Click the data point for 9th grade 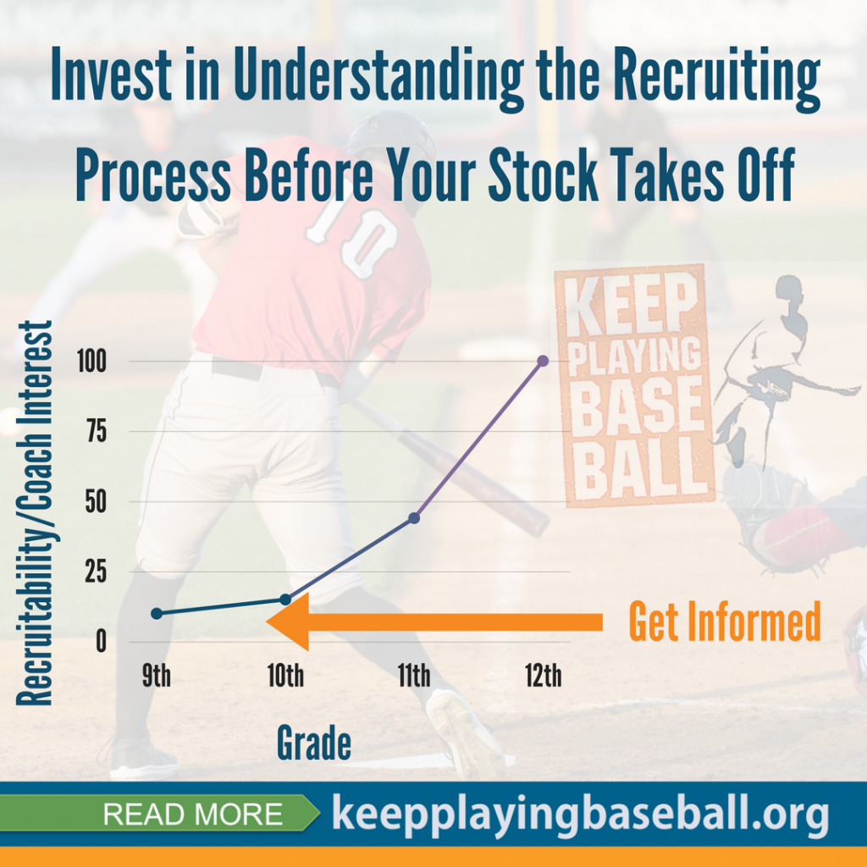157,613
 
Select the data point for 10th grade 285,599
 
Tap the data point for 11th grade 414,518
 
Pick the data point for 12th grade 543,361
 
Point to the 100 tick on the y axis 91,362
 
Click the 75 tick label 97,431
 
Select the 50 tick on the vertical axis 96,501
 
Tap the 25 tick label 96,572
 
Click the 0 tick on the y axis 102,642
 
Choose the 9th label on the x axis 157,675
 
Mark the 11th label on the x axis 414,675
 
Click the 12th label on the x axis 543,675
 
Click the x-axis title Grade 313,743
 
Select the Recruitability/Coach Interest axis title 34,512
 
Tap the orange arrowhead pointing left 288,621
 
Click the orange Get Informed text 725,621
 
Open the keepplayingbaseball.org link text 580,815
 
